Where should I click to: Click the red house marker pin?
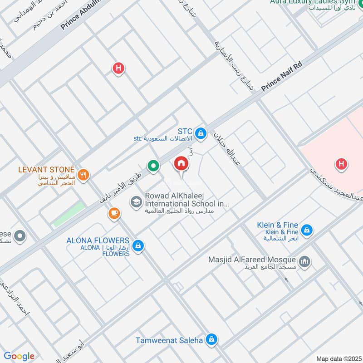tap(181, 163)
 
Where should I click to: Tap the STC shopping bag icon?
tap(202, 133)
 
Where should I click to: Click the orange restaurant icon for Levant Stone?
tap(83, 175)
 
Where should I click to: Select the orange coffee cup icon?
tap(113, 213)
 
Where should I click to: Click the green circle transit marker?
tap(154, 166)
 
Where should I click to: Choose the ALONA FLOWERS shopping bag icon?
tap(138, 246)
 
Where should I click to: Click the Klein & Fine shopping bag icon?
tap(307, 230)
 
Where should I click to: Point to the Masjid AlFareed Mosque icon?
tap(304, 261)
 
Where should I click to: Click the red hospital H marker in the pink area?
tap(341, 164)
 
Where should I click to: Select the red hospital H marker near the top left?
tap(118, 69)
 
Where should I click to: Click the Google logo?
tap(19, 356)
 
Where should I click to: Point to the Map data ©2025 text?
tap(338, 358)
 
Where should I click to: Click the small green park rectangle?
tap(69, 214)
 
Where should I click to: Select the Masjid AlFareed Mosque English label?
tap(252, 260)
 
